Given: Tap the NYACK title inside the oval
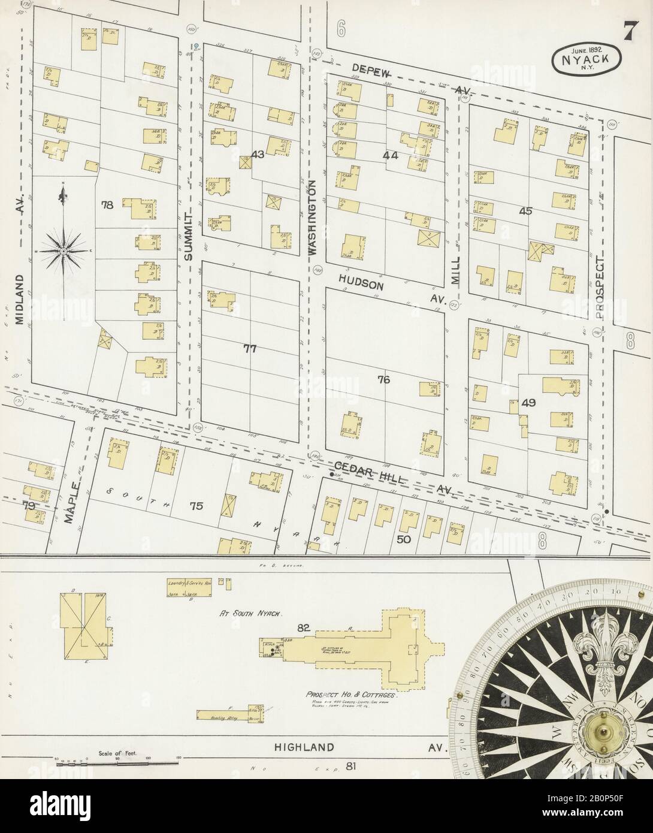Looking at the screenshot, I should pos(586,60).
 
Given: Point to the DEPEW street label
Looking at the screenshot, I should pos(371,71).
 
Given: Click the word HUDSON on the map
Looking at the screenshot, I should pos(359,282).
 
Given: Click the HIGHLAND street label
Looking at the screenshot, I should pos(304,747).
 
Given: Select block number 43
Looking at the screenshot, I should pos(258,155).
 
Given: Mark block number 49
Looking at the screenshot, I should pos(528,403).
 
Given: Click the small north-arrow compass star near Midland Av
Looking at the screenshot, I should pos(63,250).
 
